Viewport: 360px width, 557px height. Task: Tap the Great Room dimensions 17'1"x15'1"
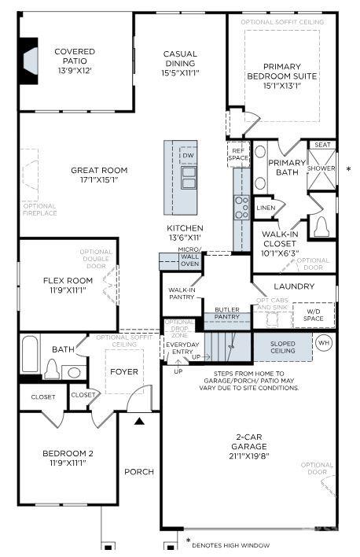(99, 179)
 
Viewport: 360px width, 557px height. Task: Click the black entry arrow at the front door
(139, 422)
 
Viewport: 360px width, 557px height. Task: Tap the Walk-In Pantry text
(182, 293)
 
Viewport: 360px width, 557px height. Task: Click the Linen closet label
(266, 207)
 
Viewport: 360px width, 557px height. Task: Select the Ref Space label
(238, 153)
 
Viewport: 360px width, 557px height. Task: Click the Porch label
(139, 472)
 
